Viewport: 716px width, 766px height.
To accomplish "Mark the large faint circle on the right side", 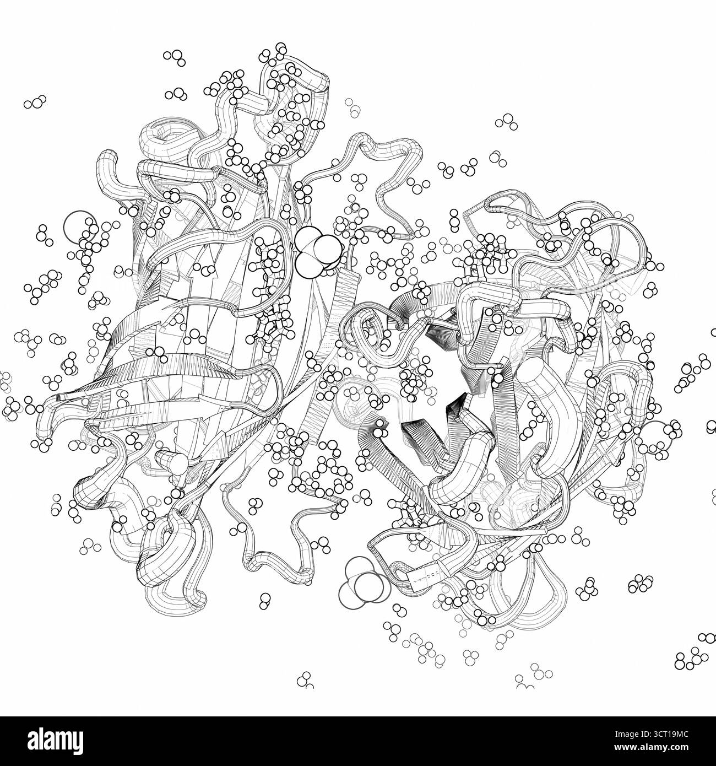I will click(655, 435).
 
